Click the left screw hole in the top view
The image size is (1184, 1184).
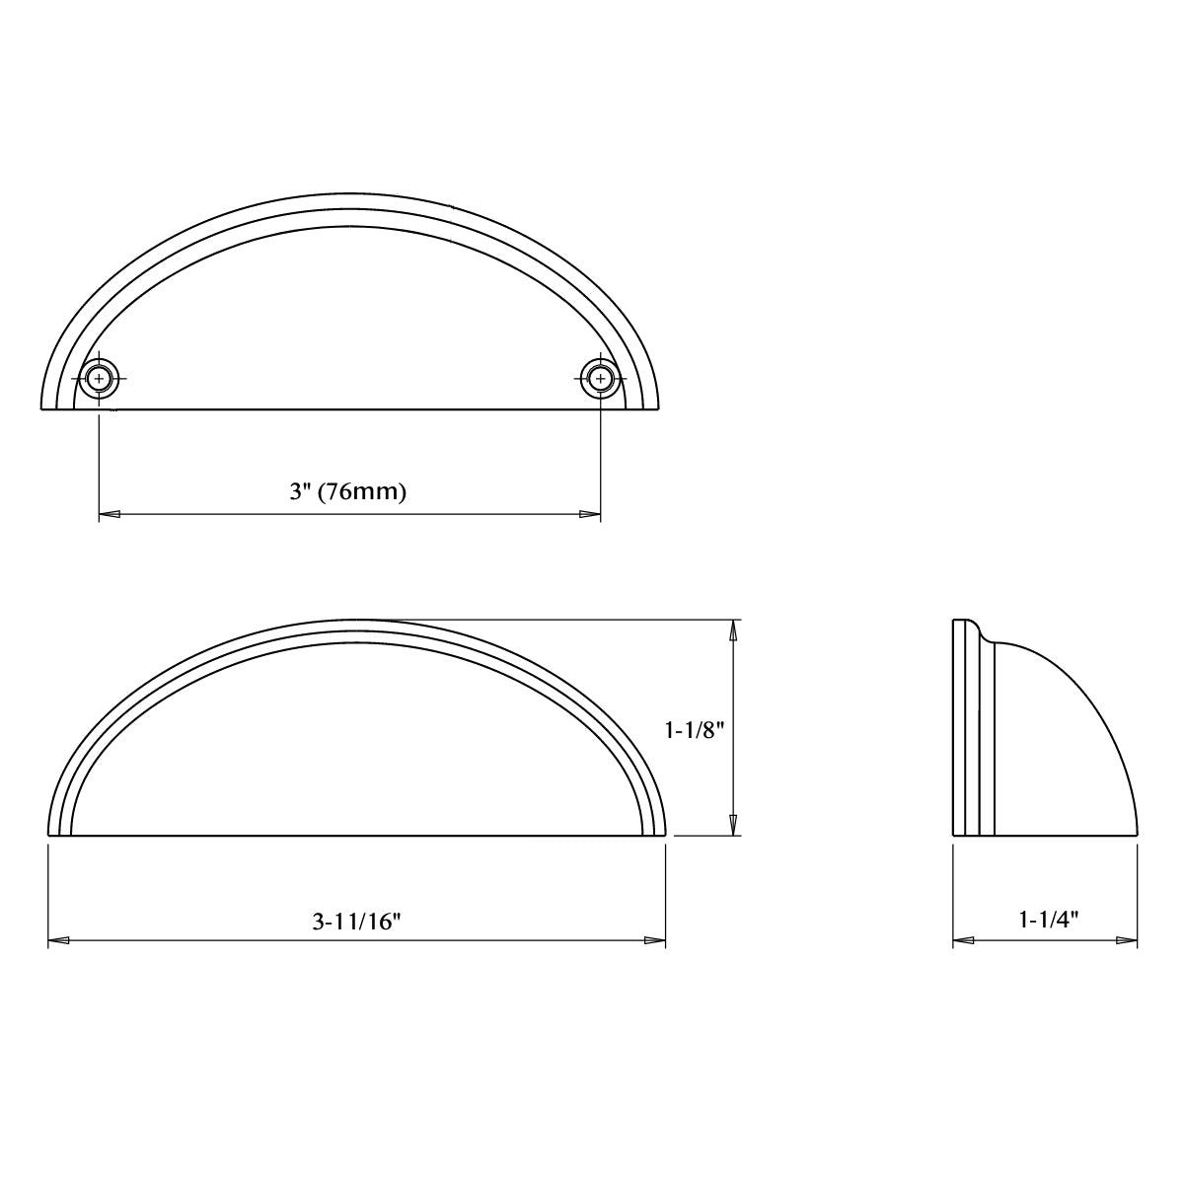click(99, 378)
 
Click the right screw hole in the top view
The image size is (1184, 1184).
click(600, 378)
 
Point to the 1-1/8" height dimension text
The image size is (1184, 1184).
click(695, 731)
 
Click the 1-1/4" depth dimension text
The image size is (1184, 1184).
click(1046, 920)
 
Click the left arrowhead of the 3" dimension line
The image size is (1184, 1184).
click(110, 515)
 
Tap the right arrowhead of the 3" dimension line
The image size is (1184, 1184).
click(589, 515)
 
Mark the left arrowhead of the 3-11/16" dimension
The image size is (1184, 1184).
click(59, 941)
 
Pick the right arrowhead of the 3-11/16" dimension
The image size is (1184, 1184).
click(654, 941)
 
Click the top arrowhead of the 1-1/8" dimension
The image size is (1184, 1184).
click(733, 630)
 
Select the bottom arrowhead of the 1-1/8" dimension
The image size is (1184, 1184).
click(733, 825)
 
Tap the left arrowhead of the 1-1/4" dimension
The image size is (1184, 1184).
click(964, 941)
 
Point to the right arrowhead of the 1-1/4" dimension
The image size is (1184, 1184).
click(1126, 941)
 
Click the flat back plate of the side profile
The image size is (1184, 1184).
click(959, 730)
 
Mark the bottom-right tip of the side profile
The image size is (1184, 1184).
click(1137, 835)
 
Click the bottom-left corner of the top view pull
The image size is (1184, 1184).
click(43, 407)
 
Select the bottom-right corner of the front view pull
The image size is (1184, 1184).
click(665, 835)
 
